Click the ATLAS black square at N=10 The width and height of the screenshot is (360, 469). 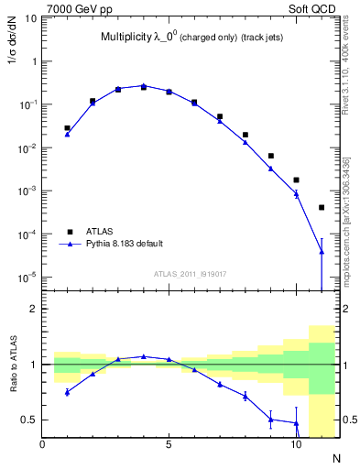click(296, 180)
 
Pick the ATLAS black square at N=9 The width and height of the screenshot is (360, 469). click(271, 157)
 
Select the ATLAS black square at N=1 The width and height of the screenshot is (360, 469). click(68, 128)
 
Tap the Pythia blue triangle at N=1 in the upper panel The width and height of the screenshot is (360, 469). click(68, 135)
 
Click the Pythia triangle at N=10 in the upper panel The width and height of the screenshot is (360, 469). click(296, 194)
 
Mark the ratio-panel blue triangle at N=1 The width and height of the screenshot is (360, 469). click(68, 392)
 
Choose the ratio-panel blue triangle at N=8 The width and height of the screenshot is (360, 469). click(245, 396)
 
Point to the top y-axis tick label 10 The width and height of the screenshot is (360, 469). click(30, 18)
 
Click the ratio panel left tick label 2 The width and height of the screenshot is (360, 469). click(32, 310)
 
